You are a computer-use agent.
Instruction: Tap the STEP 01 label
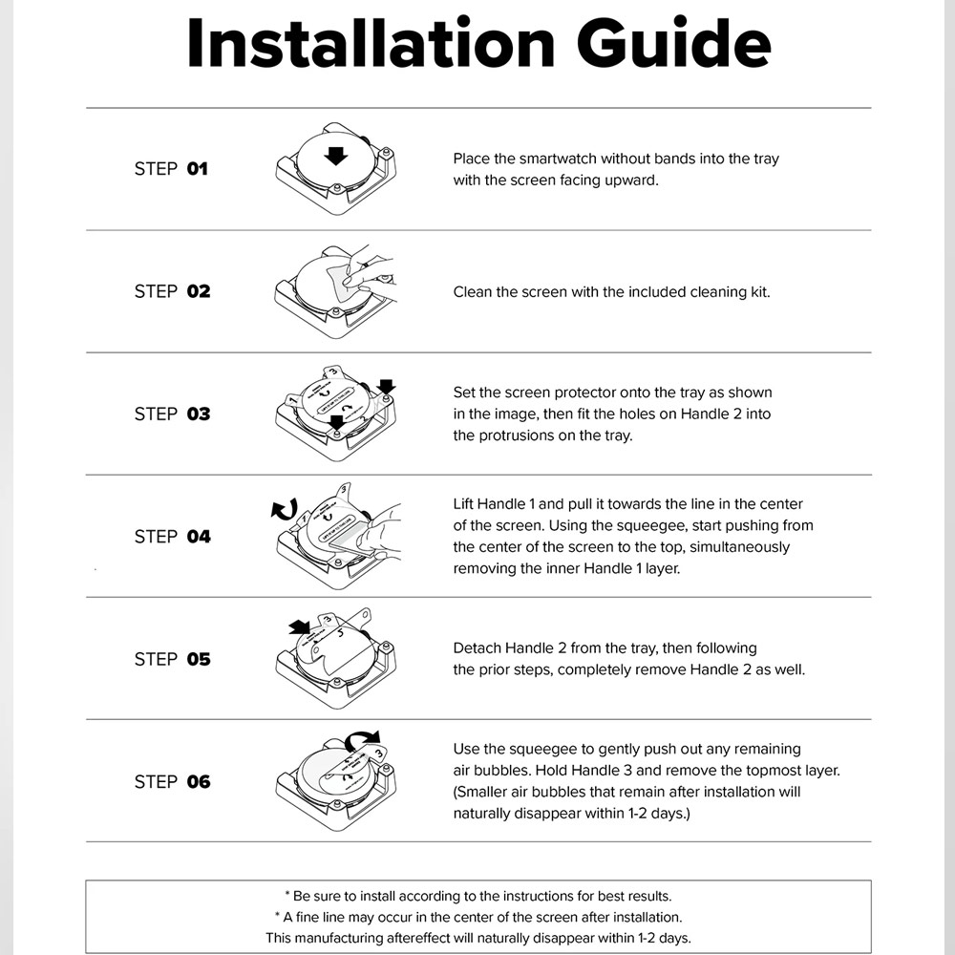coord(171,169)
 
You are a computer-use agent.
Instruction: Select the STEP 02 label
coord(172,291)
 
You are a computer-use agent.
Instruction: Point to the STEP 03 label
coord(172,414)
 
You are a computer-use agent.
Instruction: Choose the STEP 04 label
coord(172,537)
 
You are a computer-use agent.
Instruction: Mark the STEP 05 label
coord(172,659)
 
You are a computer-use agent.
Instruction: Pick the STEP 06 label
coord(172,781)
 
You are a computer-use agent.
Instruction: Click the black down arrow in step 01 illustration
coord(335,156)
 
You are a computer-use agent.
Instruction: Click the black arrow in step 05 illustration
coord(300,627)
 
